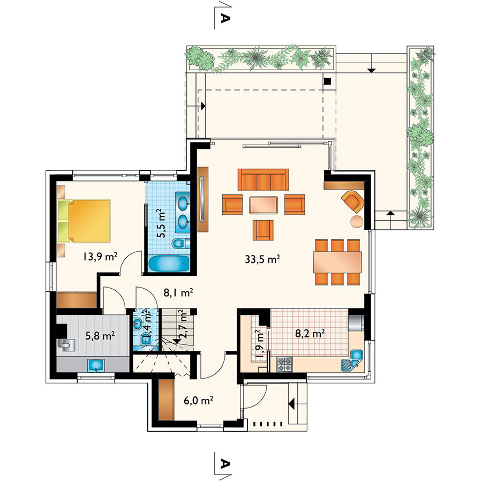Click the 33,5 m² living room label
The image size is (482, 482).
(x=262, y=259)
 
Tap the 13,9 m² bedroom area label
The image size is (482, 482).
(x=100, y=256)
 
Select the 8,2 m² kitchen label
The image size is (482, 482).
(x=310, y=333)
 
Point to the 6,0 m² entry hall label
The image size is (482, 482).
(x=199, y=401)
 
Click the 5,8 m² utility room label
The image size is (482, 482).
(x=100, y=336)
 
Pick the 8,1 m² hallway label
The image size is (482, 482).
(x=178, y=292)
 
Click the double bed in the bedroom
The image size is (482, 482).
(x=84, y=221)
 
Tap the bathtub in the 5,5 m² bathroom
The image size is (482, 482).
(x=169, y=263)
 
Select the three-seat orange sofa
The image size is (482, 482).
(x=263, y=179)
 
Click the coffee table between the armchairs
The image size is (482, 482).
(x=263, y=205)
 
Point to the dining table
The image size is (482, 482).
(x=337, y=262)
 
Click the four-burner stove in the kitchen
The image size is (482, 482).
(x=284, y=364)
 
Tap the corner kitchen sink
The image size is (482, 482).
(x=352, y=360)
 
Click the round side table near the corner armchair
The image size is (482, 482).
(x=357, y=222)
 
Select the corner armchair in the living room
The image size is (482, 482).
(x=352, y=201)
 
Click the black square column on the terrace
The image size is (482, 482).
(x=328, y=81)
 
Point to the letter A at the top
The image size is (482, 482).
(x=225, y=18)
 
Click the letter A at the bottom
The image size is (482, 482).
(x=225, y=463)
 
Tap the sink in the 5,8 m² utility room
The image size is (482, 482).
(x=96, y=365)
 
